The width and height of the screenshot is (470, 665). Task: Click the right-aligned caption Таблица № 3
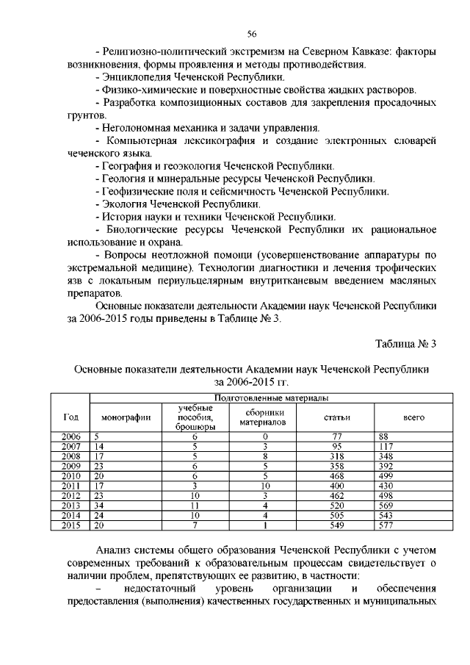click(406, 344)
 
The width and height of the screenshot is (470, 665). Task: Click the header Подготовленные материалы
click(265, 398)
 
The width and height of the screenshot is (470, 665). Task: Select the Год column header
click(71, 417)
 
